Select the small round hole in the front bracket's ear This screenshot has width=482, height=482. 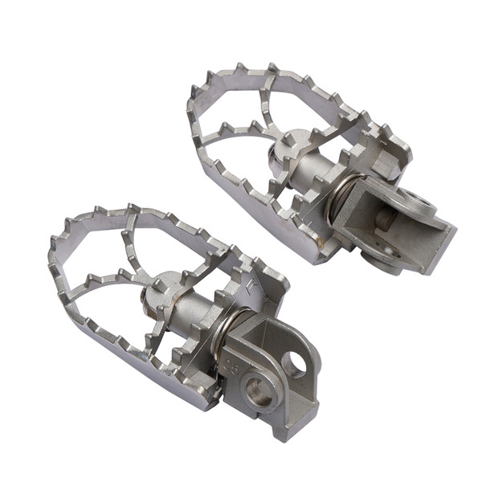click(x=295, y=366)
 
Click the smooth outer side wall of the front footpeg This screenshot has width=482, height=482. click(x=120, y=366)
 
